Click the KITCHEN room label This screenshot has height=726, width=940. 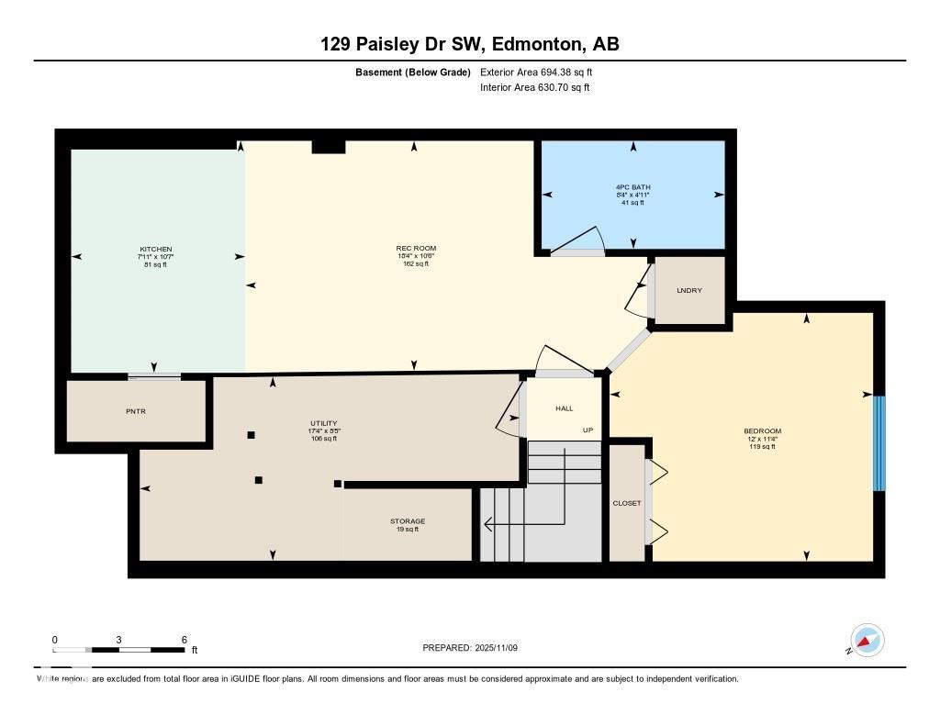tap(155, 250)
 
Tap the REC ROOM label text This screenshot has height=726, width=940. tap(416, 248)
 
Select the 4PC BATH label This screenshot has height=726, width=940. tap(632, 187)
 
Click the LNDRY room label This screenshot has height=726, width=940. tap(688, 291)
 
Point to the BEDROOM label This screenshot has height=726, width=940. tap(762, 431)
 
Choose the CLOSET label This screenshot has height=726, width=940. tap(627, 503)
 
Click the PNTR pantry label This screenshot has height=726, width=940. tap(135, 411)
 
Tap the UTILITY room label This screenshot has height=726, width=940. tap(323, 424)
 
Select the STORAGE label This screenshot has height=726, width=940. tap(407, 521)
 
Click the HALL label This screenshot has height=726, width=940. tap(564, 408)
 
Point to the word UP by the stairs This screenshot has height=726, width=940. tap(587, 430)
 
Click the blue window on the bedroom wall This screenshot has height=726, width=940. tap(878, 443)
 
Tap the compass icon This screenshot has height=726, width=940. tap(867, 641)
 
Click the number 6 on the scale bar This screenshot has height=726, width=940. tap(185, 640)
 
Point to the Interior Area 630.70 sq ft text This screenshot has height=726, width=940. tap(534, 88)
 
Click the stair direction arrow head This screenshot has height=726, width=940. tap(487, 525)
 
